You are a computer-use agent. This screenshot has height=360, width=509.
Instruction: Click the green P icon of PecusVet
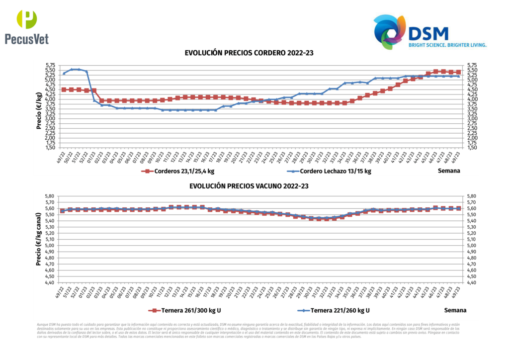27,19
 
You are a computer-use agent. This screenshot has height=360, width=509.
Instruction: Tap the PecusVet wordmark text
27,38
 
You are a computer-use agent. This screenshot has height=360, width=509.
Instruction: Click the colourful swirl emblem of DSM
390,32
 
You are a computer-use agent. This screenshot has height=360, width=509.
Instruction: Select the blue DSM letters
428,33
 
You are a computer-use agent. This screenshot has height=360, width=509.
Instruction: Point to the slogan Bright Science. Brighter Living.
447,45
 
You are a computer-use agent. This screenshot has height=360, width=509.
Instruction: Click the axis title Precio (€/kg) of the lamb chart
39,110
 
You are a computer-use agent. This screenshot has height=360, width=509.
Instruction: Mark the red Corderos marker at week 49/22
64,90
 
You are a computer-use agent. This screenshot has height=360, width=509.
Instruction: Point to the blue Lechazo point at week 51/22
79,69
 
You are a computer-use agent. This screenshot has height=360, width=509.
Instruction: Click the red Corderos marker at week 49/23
458,72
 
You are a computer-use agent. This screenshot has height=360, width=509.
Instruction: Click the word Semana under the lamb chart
448,171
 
